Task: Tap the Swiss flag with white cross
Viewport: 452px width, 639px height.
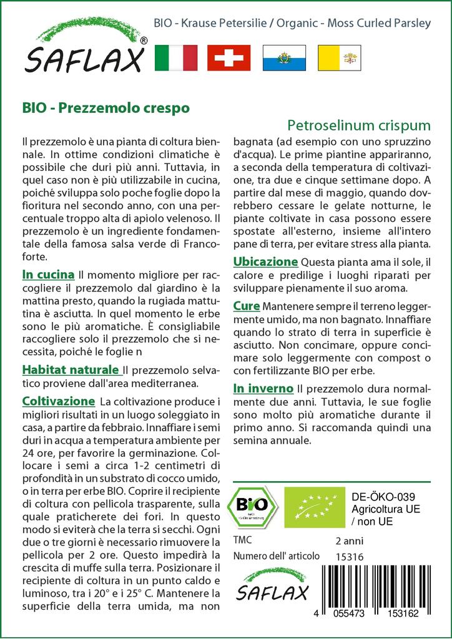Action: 228,57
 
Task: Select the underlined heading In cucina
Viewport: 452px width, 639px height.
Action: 49,275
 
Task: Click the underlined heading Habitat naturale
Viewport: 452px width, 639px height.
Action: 71,370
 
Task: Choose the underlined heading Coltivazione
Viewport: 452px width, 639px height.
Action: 58,401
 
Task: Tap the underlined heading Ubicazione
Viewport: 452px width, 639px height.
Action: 265,261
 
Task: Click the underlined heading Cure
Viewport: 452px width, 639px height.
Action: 247,306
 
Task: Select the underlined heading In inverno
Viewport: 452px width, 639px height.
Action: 263,388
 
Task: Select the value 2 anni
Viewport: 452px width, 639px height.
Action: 349,540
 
